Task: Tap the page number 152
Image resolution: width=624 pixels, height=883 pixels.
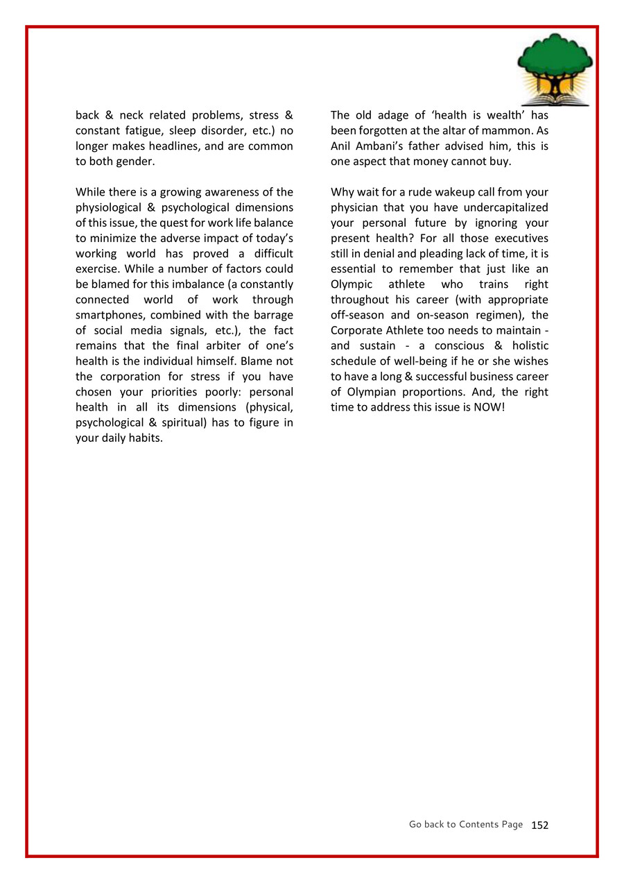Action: click(539, 825)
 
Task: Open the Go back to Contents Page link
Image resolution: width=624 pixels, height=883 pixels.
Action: click(465, 824)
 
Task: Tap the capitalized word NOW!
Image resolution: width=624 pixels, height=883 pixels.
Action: click(489, 407)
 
